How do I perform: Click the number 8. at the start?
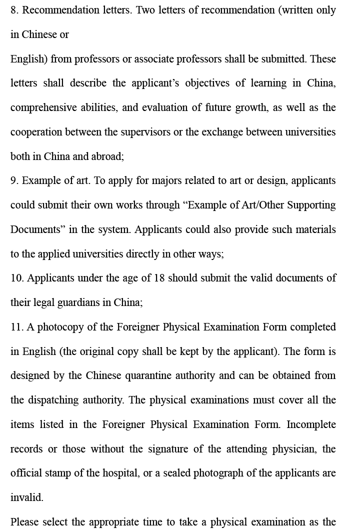(14, 10)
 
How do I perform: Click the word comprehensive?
(42, 108)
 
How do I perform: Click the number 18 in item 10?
(159, 278)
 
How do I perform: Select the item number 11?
(16, 327)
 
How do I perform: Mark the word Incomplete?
(311, 424)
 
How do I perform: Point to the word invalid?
(26, 497)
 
